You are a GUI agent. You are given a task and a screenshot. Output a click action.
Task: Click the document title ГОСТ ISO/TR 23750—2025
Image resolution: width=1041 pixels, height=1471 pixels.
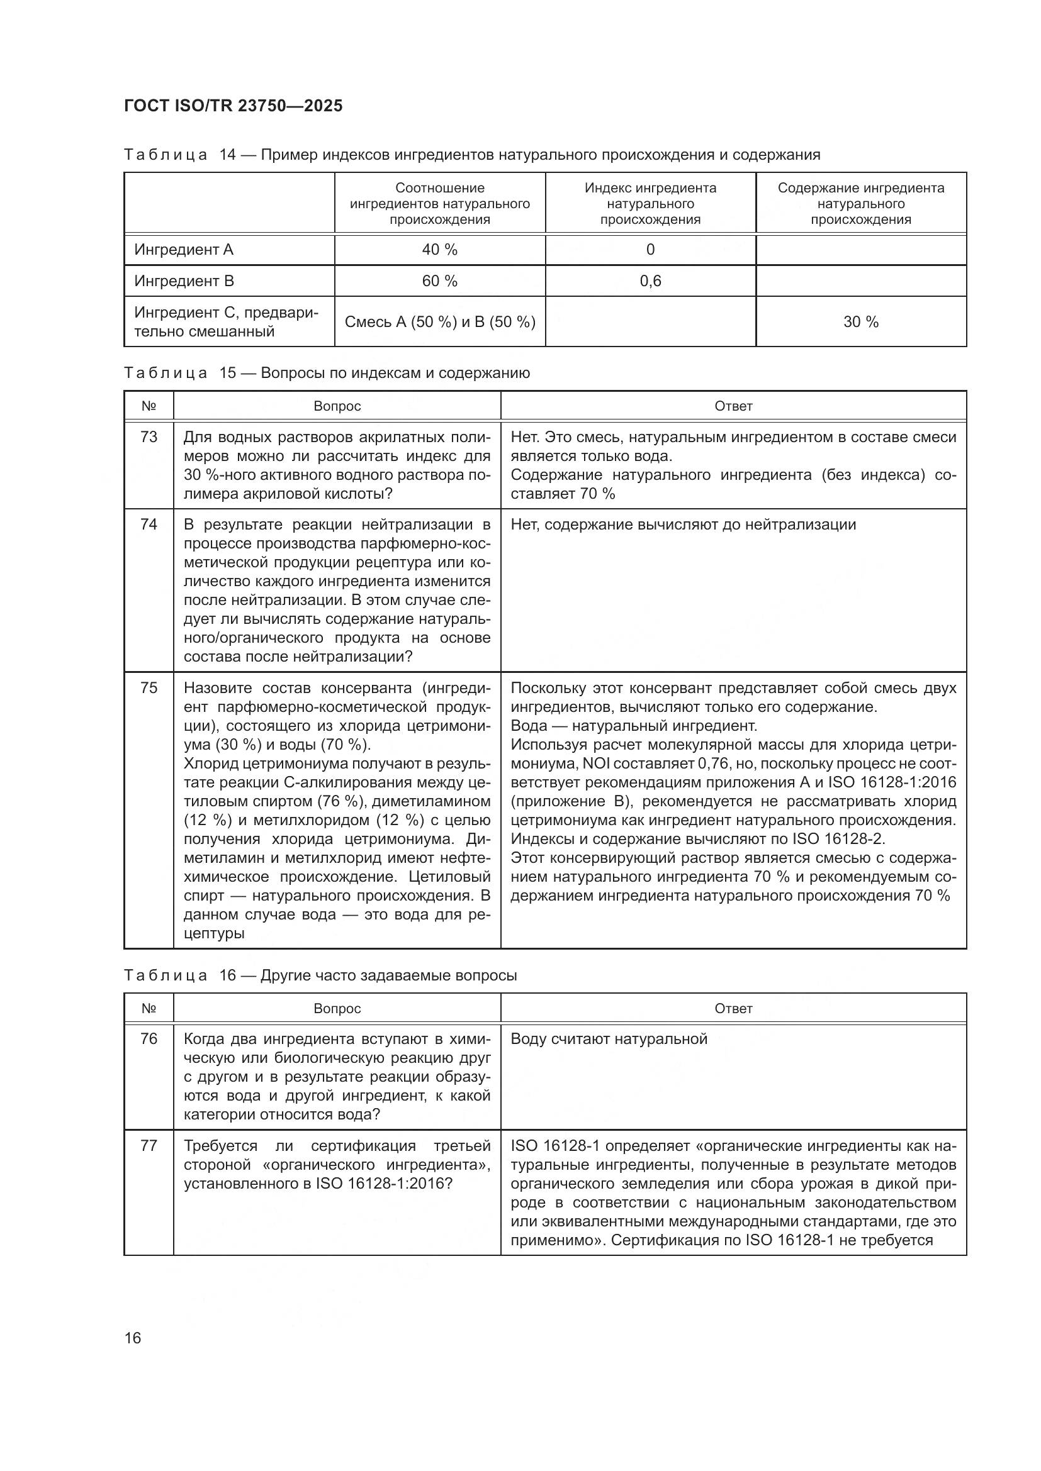coord(234,106)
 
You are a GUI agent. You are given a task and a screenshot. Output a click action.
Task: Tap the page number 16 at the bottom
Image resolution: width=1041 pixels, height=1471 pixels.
coord(133,1338)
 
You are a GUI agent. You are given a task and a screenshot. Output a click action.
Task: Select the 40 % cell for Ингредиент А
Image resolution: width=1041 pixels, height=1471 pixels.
coord(440,250)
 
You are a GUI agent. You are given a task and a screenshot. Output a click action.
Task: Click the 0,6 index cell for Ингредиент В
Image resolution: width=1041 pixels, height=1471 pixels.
coord(650,281)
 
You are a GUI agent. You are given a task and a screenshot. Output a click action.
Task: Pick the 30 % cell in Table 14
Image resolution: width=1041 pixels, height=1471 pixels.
coord(860,321)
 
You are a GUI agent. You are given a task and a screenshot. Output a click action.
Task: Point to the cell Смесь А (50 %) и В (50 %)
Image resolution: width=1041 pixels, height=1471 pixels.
coord(440,321)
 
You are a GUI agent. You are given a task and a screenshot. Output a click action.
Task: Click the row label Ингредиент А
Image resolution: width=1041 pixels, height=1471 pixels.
coord(184,250)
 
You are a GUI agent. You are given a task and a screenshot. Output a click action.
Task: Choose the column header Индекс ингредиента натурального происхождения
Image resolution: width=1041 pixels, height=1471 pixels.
coord(650,204)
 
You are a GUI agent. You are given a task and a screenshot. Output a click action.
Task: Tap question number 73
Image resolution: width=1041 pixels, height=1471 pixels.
coord(149,437)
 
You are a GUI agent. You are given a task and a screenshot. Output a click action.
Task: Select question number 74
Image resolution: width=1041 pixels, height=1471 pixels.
coord(149,525)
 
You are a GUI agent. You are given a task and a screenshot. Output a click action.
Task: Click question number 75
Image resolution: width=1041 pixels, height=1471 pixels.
coord(149,688)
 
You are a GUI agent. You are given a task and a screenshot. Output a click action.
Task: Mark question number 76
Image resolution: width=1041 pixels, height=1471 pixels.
coord(149,1038)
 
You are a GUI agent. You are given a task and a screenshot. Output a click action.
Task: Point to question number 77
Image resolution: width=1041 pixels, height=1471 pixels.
coord(149,1145)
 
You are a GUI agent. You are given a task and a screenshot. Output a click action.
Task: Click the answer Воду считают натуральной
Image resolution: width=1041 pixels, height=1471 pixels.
coord(609,1038)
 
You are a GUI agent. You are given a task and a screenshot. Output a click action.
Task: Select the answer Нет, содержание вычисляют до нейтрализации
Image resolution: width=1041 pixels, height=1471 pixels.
coord(683,525)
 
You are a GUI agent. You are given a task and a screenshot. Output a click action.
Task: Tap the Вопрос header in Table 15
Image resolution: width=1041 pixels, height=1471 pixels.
coord(337,406)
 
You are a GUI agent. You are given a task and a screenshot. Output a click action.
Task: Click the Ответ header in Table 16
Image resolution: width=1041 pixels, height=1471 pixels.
coord(733,1008)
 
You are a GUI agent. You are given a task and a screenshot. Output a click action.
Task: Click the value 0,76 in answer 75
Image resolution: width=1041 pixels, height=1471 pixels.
coord(712,763)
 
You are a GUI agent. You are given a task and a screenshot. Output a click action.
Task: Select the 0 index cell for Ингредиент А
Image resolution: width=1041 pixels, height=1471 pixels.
coord(650,250)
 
